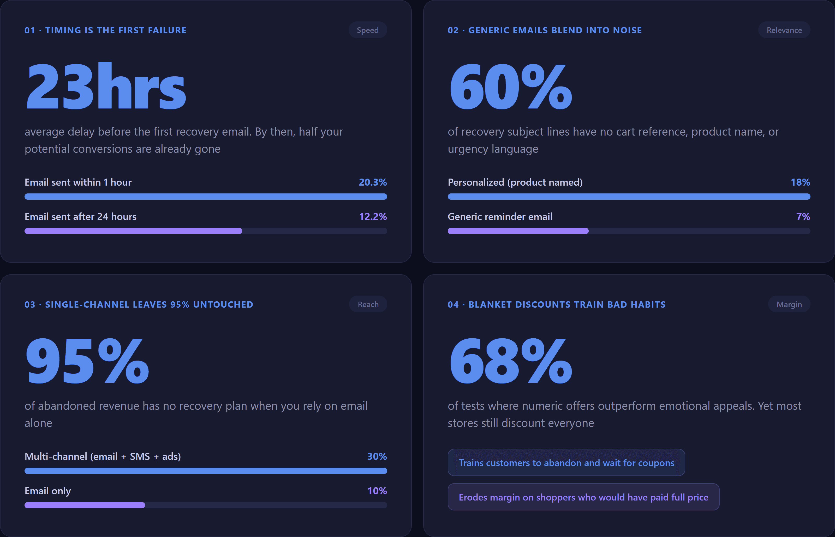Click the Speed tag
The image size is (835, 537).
(x=367, y=30)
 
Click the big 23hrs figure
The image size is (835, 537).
(x=106, y=86)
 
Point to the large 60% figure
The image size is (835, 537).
(x=510, y=86)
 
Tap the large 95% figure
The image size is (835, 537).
(x=87, y=361)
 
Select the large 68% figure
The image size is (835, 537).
(x=510, y=361)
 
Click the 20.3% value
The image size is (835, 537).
(x=372, y=182)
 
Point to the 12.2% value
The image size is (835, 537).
(x=373, y=217)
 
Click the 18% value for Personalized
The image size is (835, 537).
(x=800, y=182)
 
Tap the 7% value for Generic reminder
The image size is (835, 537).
(x=803, y=217)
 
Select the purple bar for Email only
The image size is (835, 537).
(x=85, y=505)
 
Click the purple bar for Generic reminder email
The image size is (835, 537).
(x=518, y=231)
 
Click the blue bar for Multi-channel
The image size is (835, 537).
(x=206, y=471)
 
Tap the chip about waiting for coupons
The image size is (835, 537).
(x=566, y=462)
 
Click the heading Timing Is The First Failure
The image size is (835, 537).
(x=105, y=30)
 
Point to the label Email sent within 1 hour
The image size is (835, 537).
(x=78, y=182)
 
